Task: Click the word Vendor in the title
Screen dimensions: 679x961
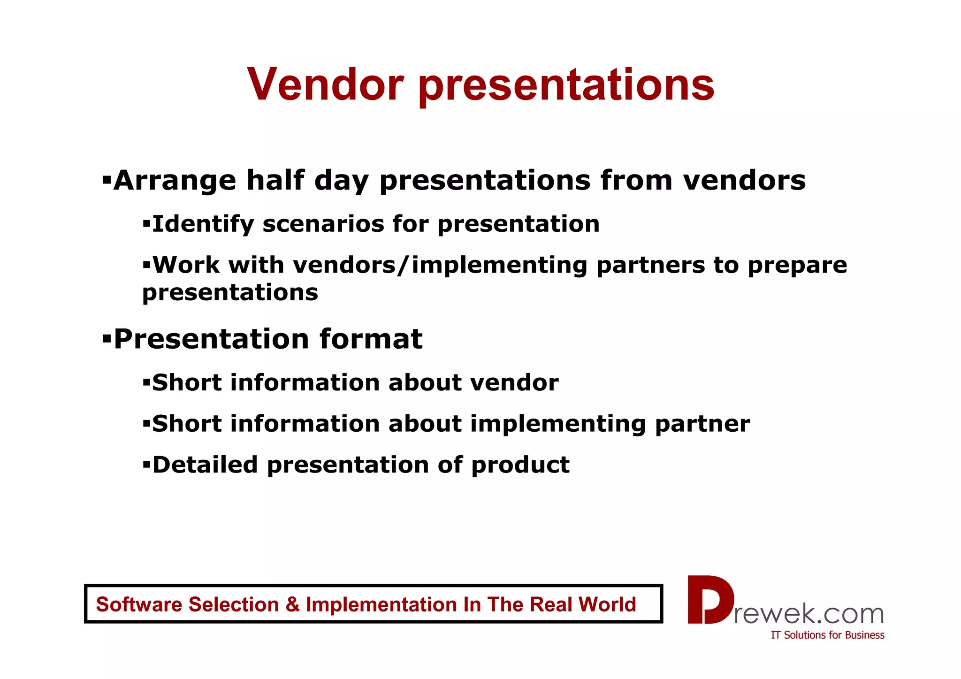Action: click(x=325, y=84)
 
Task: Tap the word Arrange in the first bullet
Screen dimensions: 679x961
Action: click(x=175, y=181)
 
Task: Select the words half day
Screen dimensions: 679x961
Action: click(x=308, y=181)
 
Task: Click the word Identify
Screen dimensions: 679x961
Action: click(x=203, y=224)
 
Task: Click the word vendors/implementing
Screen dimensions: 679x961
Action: click(x=440, y=266)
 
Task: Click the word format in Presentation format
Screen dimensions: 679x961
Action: click(x=371, y=339)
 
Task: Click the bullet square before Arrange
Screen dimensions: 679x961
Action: click(x=107, y=179)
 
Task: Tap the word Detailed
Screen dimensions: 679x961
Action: click(x=205, y=465)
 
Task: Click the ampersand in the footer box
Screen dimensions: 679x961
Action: click(x=292, y=604)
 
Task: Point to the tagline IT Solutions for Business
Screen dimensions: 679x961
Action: click(x=827, y=635)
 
